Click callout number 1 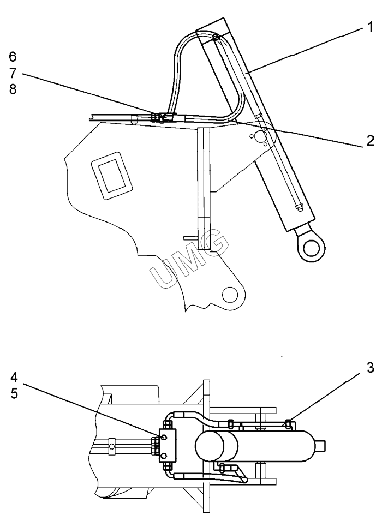(x=369, y=26)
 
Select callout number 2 (x=370, y=140)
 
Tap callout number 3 (x=370, y=368)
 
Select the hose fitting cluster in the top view (x=160, y=118)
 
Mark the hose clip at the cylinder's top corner (x=217, y=37)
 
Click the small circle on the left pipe (x=112, y=446)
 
